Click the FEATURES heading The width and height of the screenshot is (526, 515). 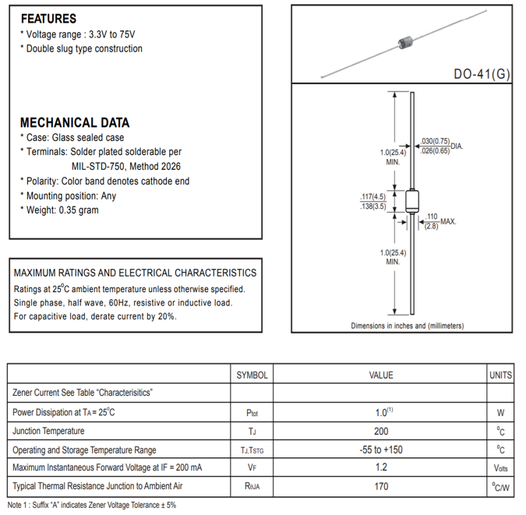pos(48,19)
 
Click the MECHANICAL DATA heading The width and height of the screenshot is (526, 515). pos(74,122)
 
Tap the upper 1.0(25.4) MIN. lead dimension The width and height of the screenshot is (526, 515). pos(394,156)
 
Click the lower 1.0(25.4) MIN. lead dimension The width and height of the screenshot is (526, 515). pos(394,257)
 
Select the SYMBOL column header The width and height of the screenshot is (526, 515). pos(252,375)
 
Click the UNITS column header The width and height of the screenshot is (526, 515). pos(500,375)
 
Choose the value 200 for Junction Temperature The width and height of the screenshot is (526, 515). pos(381,431)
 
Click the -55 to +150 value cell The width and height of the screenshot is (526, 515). pos(381,450)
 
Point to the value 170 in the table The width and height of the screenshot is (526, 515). pos(381,487)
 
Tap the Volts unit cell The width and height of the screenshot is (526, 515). pos(500,468)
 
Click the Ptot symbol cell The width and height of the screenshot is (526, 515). pos(252,412)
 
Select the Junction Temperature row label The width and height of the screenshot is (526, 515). pos(48,431)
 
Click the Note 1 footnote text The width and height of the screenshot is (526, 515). pos(92,505)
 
